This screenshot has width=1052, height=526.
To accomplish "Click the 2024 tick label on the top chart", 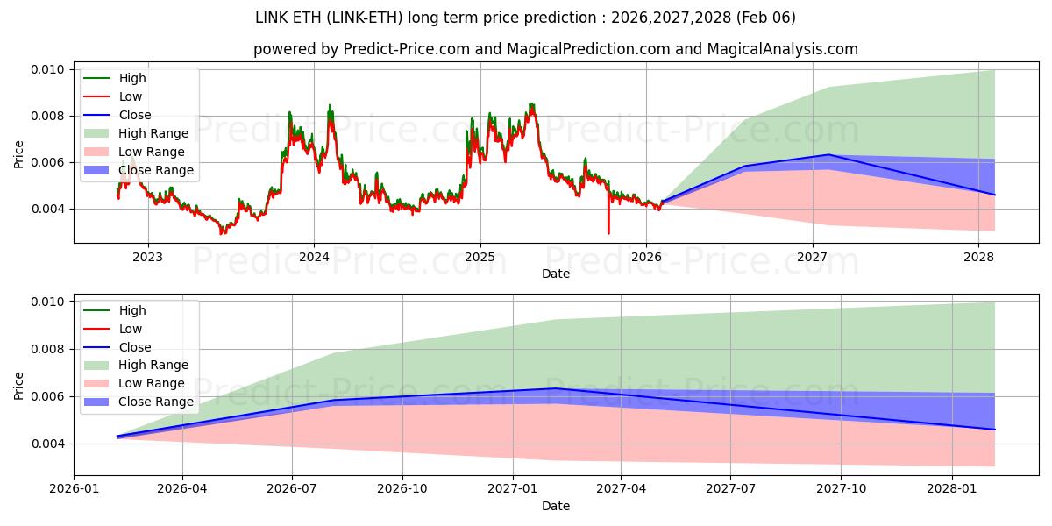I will click(314, 257).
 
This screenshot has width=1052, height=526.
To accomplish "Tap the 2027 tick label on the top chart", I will click(813, 257).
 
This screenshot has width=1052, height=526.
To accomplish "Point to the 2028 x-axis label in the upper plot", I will click(979, 257).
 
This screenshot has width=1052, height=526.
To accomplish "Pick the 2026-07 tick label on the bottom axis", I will click(292, 489).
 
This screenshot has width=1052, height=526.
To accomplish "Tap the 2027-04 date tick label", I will click(621, 489).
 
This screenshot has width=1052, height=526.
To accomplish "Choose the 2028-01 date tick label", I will click(950, 489).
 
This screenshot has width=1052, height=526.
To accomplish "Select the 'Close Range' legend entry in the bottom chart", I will click(158, 402).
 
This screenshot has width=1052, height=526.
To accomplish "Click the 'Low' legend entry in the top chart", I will click(131, 96).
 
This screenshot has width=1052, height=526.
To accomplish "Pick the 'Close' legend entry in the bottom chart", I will click(135, 347).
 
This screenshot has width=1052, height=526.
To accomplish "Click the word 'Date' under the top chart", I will click(555, 274).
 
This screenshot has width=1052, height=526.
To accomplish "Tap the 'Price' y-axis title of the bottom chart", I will click(19, 385).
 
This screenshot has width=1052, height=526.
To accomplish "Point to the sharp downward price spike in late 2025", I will click(608, 230).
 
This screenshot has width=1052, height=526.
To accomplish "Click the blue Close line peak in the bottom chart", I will click(555, 388).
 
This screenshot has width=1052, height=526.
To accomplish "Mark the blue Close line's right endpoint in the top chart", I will click(995, 195).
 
